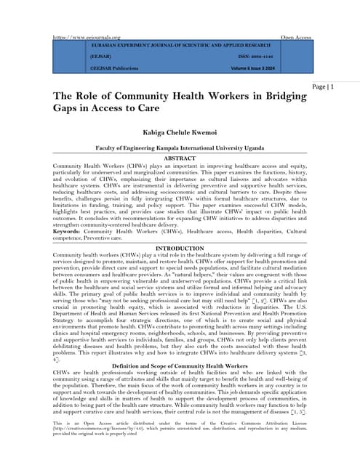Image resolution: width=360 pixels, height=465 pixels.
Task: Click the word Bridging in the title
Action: [x=284, y=97]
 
